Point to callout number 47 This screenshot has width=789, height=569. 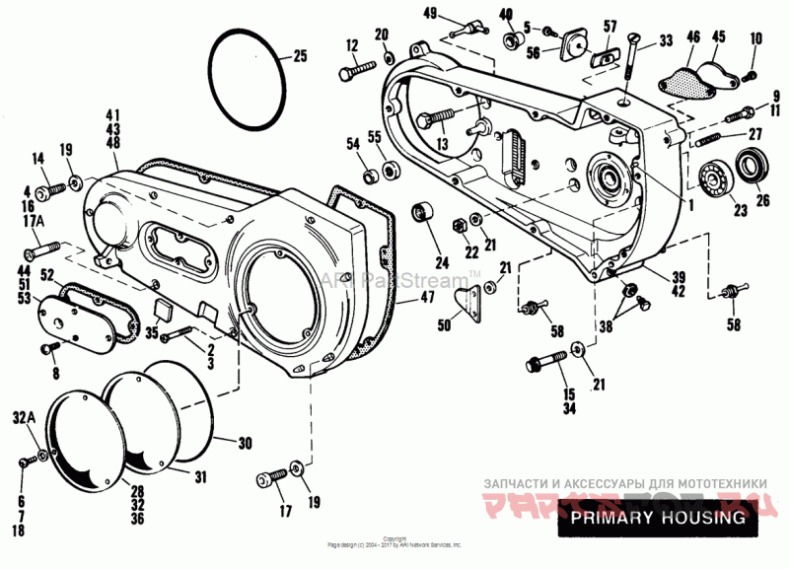426,296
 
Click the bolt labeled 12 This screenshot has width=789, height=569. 356,71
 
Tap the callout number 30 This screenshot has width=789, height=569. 246,442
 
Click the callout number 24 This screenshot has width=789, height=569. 440,263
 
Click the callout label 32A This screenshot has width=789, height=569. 26,419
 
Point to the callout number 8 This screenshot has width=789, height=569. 55,374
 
